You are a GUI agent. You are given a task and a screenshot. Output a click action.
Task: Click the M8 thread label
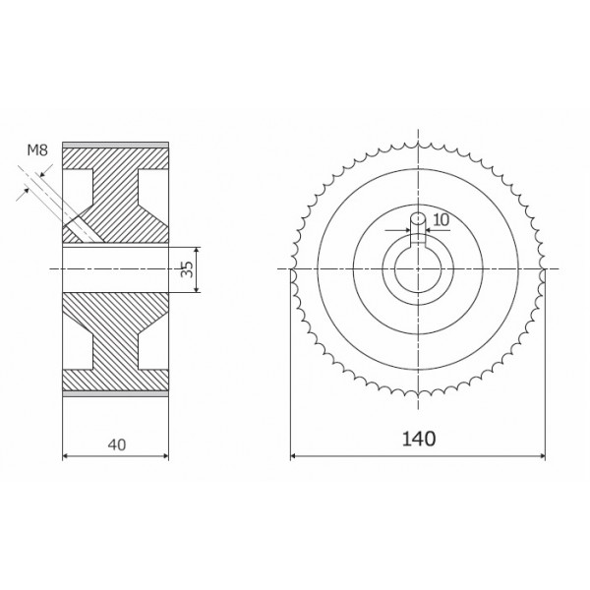37,150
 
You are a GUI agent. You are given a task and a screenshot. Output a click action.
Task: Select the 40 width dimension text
117,445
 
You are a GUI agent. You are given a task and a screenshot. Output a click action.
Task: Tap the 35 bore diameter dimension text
187,269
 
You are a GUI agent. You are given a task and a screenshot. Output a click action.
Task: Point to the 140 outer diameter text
419,439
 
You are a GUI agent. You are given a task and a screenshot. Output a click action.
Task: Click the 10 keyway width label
441,219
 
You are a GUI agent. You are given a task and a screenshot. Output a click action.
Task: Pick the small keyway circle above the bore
418,218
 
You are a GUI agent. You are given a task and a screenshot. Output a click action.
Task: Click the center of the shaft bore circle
418,269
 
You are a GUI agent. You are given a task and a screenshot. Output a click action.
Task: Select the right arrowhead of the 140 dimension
542,456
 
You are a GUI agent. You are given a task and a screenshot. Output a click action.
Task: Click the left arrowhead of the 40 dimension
66,456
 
